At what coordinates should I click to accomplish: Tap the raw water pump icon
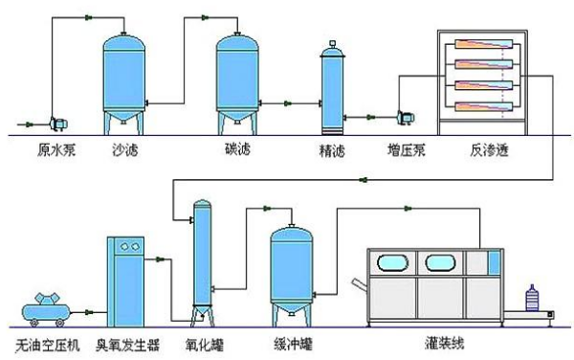click(x=52, y=123)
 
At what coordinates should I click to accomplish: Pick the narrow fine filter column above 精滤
click(x=331, y=88)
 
